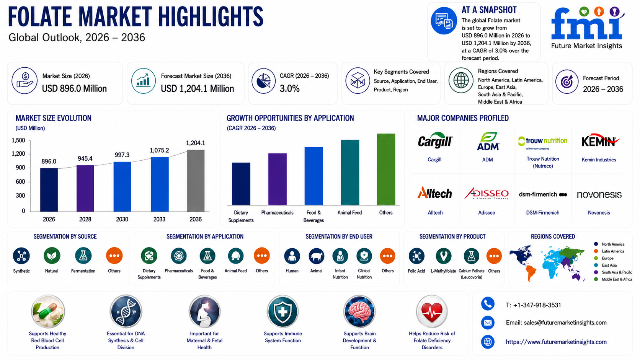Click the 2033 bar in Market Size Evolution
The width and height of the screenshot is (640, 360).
pyautogui.click(x=160, y=184)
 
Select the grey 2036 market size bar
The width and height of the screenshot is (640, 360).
pyautogui.click(x=196, y=181)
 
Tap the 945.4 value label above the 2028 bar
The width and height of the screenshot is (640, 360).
pyautogui.click(x=85, y=158)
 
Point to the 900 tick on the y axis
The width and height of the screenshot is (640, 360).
pyautogui.click(x=20, y=168)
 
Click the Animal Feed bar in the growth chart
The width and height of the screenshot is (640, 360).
pyautogui.click(x=350, y=173)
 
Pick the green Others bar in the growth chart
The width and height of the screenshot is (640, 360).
pyautogui.click(x=386, y=169)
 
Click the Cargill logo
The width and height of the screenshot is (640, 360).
pyautogui.click(x=435, y=140)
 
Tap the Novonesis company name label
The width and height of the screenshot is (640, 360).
pyautogui.click(x=599, y=213)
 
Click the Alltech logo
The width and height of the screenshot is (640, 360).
pyautogui.click(x=434, y=193)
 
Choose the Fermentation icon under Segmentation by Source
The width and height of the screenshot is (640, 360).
pyautogui.click(x=83, y=256)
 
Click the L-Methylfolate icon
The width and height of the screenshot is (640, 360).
pyautogui.click(x=443, y=256)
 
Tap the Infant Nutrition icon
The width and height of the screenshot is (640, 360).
pyautogui.click(x=340, y=256)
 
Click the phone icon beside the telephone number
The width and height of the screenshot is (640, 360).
pyautogui.click(x=488, y=304)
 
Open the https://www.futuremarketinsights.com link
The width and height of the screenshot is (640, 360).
pyautogui.click(x=556, y=342)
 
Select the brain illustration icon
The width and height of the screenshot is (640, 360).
pyautogui.click(x=359, y=311)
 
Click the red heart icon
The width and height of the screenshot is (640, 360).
pyautogui.click(x=432, y=311)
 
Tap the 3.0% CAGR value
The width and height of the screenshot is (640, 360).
pyautogui.click(x=289, y=88)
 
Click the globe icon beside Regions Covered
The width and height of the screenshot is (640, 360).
pyautogui.click(x=461, y=80)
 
